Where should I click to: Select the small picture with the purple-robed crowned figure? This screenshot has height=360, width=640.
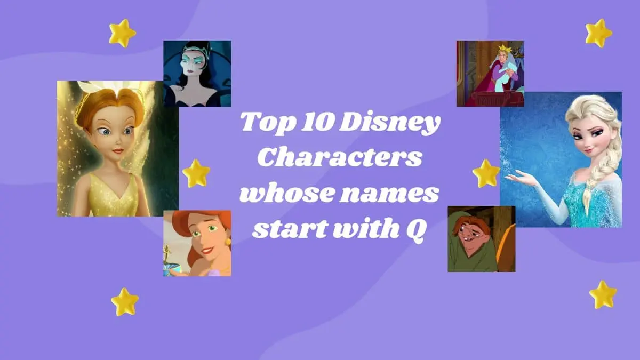click(x=490, y=73)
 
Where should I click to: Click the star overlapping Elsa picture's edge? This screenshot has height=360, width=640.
click(x=486, y=173)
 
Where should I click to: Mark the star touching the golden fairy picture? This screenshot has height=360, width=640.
click(x=196, y=173)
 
